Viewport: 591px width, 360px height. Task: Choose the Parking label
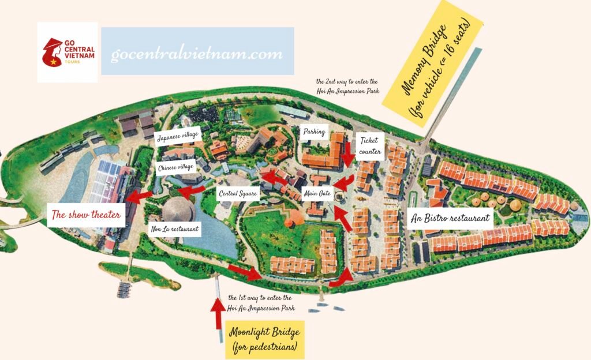(x=315, y=132)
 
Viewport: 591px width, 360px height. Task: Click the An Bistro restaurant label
(x=451, y=218)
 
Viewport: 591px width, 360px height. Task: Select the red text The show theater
(x=87, y=215)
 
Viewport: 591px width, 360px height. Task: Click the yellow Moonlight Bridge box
(x=264, y=340)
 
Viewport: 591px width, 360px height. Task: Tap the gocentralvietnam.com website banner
(x=197, y=51)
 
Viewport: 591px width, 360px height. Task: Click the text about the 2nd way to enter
(x=347, y=86)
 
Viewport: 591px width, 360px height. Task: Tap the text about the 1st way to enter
(x=261, y=303)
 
